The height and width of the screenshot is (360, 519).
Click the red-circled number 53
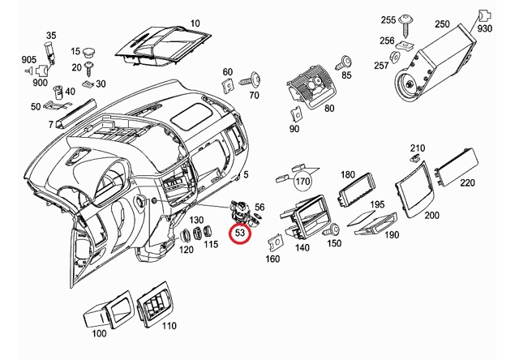point(241,234)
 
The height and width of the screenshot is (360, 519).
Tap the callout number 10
point(195,23)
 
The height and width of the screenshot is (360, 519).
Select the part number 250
point(441,24)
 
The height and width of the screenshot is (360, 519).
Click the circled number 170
point(303,180)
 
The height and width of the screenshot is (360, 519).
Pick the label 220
point(468,184)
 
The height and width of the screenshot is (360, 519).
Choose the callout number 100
point(99,333)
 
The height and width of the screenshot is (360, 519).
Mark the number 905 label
point(28,59)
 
